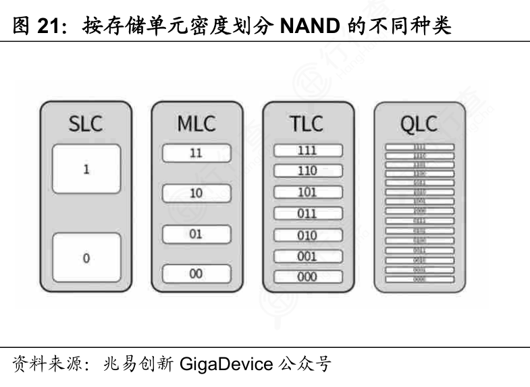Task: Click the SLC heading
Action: [86, 125]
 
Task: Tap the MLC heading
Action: [196, 125]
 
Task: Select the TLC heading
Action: [307, 125]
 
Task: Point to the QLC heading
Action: [419, 125]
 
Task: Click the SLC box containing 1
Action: [86, 169]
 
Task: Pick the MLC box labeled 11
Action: [196, 153]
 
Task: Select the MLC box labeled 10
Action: [196, 193]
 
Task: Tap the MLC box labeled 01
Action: [196, 235]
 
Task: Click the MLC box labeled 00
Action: [196, 274]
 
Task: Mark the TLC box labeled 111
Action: [307, 151]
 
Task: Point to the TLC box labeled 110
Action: [307, 171]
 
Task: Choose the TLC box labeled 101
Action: [307, 192]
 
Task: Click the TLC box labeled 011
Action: [307, 214]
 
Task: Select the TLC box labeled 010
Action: [307, 235]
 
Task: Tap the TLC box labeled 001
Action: [307, 256]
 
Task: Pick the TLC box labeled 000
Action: [307, 276]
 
